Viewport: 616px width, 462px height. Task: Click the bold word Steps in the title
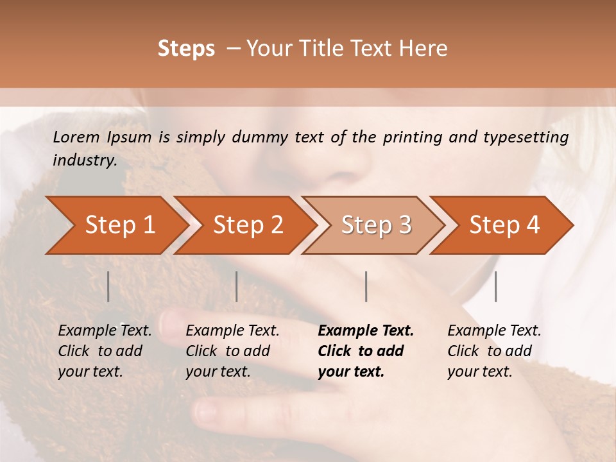[186, 49]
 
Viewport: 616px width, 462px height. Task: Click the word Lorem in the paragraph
[76, 137]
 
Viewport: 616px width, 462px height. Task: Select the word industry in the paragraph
[84, 160]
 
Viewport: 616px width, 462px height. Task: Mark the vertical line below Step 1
[108, 286]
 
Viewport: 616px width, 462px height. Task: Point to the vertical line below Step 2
[237, 286]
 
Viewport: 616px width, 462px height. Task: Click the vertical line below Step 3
[366, 286]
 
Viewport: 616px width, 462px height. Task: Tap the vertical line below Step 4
[496, 286]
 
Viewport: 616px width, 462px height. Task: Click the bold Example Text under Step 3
[366, 331]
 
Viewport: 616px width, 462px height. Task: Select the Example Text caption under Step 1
[105, 331]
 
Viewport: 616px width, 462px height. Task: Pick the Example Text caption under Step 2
[233, 331]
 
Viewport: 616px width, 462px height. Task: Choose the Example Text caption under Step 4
[494, 331]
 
